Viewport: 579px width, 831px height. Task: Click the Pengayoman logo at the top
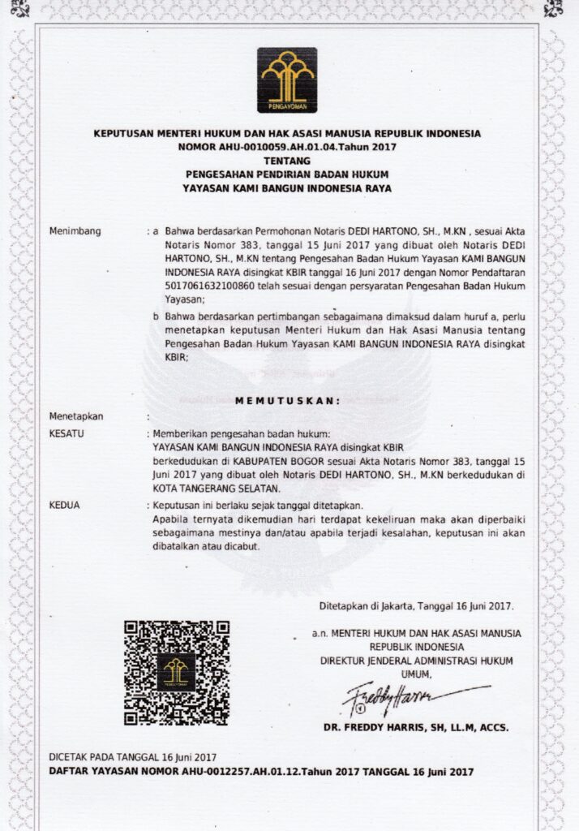(287, 80)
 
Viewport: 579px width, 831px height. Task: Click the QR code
(176, 672)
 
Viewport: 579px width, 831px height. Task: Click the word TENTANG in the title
(287, 161)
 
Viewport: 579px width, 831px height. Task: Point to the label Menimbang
(75, 231)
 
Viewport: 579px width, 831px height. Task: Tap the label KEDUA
(65, 505)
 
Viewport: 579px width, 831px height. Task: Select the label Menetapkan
(77, 416)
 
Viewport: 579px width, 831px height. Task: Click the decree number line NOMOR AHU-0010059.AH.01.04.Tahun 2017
(287, 148)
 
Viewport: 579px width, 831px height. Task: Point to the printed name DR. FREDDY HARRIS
(415, 727)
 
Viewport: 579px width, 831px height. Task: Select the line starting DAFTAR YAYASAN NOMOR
(261, 771)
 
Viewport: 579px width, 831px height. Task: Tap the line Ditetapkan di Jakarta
(416, 605)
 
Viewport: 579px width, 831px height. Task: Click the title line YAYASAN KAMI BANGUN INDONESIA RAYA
(287, 188)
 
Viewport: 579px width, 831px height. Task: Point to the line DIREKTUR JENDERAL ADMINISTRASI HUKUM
(416, 661)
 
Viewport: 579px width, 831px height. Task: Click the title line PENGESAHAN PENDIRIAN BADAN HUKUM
(287, 174)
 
